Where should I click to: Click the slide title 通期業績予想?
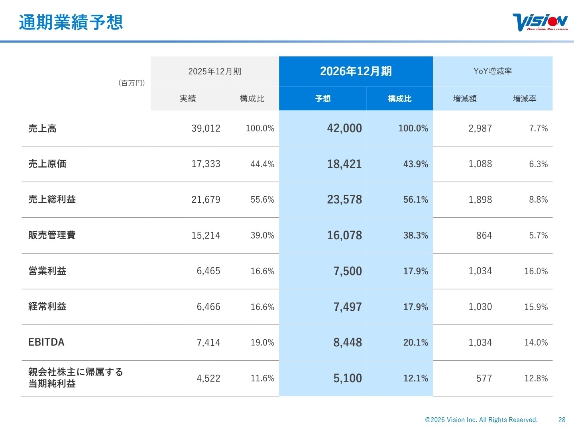click(71, 22)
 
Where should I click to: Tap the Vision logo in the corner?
click(540, 22)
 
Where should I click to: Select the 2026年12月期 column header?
click(356, 71)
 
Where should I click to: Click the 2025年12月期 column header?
click(214, 71)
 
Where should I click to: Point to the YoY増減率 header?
click(493, 71)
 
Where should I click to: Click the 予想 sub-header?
click(323, 99)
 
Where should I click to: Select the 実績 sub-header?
click(188, 99)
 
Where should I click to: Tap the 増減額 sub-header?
click(465, 99)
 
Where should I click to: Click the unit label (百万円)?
click(132, 83)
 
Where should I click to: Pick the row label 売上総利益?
click(52, 199)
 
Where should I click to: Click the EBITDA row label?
click(46, 342)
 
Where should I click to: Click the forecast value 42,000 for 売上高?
click(344, 128)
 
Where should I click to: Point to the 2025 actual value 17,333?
click(206, 164)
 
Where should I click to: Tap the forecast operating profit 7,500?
click(348, 271)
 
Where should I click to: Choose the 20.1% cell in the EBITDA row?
click(415, 342)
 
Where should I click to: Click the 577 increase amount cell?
click(484, 378)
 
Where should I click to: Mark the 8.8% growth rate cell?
click(538, 199)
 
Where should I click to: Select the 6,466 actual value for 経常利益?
click(208, 307)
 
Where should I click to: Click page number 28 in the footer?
click(562, 420)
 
